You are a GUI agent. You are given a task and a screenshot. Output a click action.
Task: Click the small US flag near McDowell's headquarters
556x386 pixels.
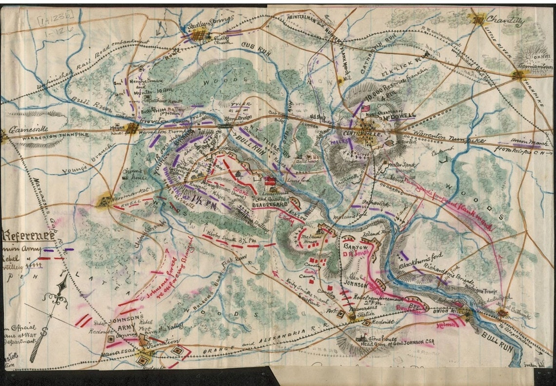[x=366, y=108]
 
